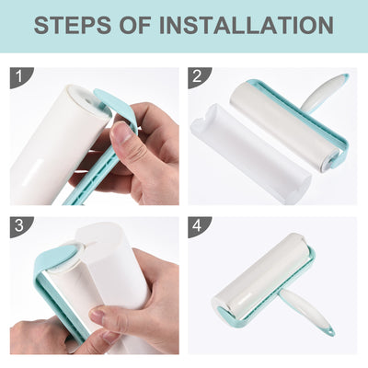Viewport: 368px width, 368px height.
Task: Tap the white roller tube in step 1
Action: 51,138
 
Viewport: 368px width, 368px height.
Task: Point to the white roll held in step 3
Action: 110,267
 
